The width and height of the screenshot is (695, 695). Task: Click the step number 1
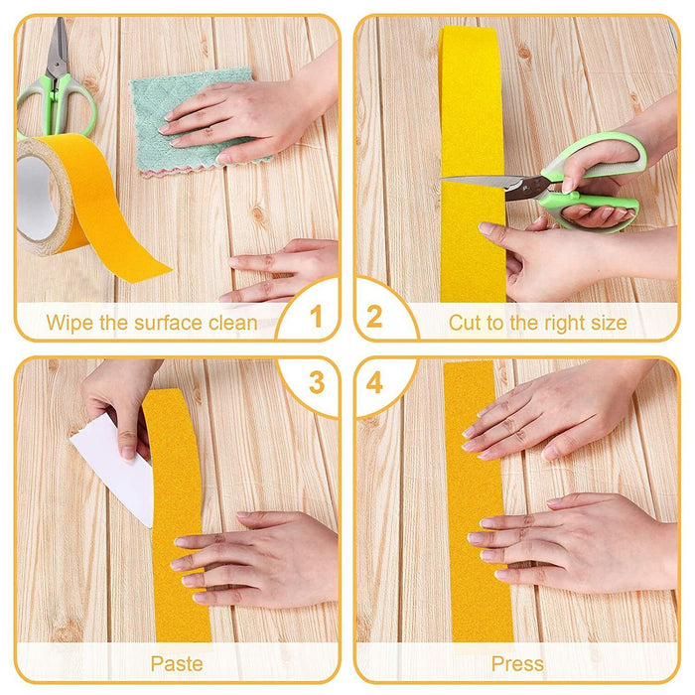tap(316, 317)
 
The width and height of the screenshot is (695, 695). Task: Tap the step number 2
tap(374, 317)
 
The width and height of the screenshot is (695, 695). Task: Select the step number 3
tap(317, 383)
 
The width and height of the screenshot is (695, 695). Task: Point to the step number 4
tap(374, 383)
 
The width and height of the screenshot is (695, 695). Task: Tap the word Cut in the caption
tap(465, 323)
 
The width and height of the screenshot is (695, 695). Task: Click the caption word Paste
tap(177, 664)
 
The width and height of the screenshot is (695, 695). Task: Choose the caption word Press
tap(517, 664)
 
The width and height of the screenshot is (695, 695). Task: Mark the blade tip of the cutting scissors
tap(443, 179)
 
